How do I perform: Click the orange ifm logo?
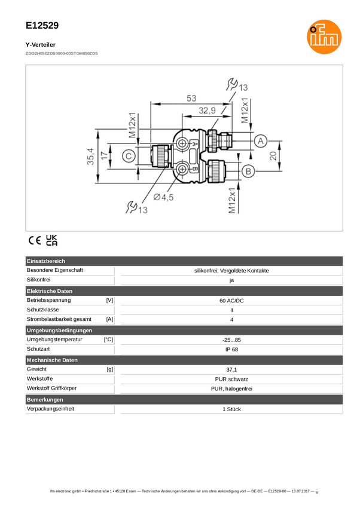(x=323, y=36)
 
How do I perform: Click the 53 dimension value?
(x=191, y=98)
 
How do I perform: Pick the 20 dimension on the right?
(x=273, y=155)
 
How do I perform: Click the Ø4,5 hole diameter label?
(x=163, y=197)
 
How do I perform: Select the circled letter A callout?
(x=260, y=141)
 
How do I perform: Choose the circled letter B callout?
(x=248, y=172)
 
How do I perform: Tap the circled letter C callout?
(x=128, y=157)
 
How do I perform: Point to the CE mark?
(x=34, y=241)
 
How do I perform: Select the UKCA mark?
(x=52, y=241)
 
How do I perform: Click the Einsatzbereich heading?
(x=46, y=261)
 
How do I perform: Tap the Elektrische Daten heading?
(x=50, y=291)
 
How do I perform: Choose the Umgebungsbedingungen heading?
(x=59, y=330)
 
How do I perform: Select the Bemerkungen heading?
(x=45, y=399)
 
